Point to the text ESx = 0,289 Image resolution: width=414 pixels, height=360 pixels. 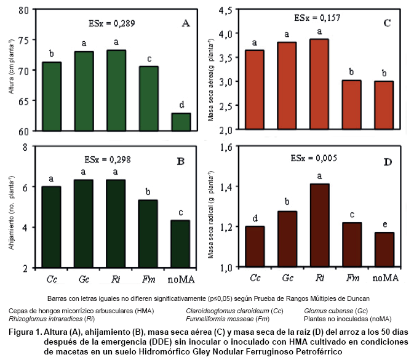(x=109, y=24)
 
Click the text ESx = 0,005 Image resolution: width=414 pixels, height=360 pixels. (x=313, y=158)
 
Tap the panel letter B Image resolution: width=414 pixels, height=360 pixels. (x=181, y=162)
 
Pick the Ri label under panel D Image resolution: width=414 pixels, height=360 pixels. (x=321, y=279)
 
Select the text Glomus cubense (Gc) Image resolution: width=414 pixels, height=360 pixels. (x=333, y=311)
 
